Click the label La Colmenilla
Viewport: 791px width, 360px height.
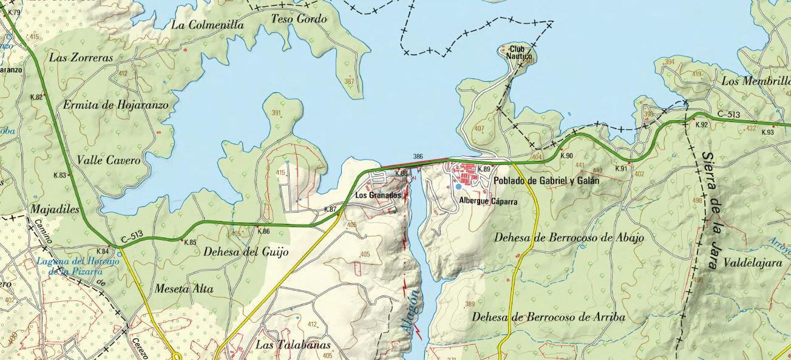(x=208, y=25)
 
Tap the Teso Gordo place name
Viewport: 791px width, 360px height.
(x=299, y=19)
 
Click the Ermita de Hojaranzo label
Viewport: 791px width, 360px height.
(x=116, y=104)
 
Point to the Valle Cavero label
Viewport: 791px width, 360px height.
(x=109, y=161)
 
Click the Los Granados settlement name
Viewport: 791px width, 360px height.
(x=378, y=195)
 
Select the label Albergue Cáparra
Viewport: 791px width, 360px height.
(x=488, y=201)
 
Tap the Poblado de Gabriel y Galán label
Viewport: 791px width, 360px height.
(x=546, y=181)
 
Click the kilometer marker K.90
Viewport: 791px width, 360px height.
(x=566, y=156)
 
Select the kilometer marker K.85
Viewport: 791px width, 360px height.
(x=190, y=242)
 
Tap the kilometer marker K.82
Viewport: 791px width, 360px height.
(x=36, y=97)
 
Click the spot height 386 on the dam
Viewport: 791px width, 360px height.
(x=418, y=157)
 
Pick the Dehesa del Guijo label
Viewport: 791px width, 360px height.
(x=246, y=251)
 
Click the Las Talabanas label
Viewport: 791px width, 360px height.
(x=294, y=345)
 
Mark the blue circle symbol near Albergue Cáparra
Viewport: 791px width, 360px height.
(x=458, y=187)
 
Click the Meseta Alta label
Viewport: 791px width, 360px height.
(x=185, y=289)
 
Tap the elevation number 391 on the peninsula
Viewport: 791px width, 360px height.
(x=276, y=114)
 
